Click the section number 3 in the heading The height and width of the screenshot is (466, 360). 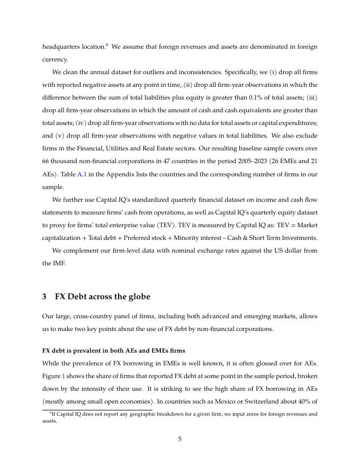tap(44, 297)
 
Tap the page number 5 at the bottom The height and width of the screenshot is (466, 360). tap(179, 438)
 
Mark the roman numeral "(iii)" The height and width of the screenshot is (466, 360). tap(311, 97)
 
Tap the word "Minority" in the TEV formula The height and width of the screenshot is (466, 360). tap(208, 237)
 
